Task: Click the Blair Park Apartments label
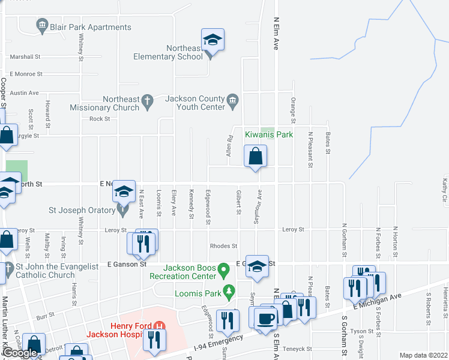pyautogui.click(x=91, y=27)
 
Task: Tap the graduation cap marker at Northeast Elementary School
pyautogui.click(x=212, y=41)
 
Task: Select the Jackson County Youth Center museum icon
pyautogui.click(x=233, y=99)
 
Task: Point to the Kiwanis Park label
pyautogui.click(x=268, y=134)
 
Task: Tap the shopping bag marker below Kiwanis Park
pyautogui.click(x=256, y=157)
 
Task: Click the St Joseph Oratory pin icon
pyautogui.click(x=123, y=210)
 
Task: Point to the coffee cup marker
pyautogui.click(x=264, y=318)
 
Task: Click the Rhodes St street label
pyautogui.click(x=224, y=246)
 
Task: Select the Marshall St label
pyautogui.click(x=25, y=56)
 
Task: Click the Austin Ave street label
pyautogui.click(x=24, y=93)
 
